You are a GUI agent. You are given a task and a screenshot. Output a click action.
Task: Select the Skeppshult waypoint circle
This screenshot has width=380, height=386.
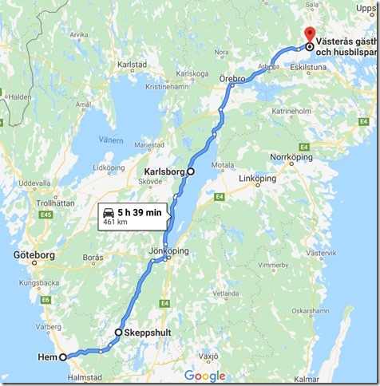(x=118, y=332)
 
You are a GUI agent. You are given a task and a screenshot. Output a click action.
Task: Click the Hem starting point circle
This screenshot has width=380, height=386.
(x=63, y=357)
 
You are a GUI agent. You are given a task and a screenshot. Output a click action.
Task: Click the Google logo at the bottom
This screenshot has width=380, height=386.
(x=204, y=376)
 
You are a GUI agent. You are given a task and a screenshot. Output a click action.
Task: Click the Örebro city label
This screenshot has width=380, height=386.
(x=232, y=80)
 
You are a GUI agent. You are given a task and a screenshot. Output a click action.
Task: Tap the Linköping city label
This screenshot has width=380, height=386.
(x=259, y=178)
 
